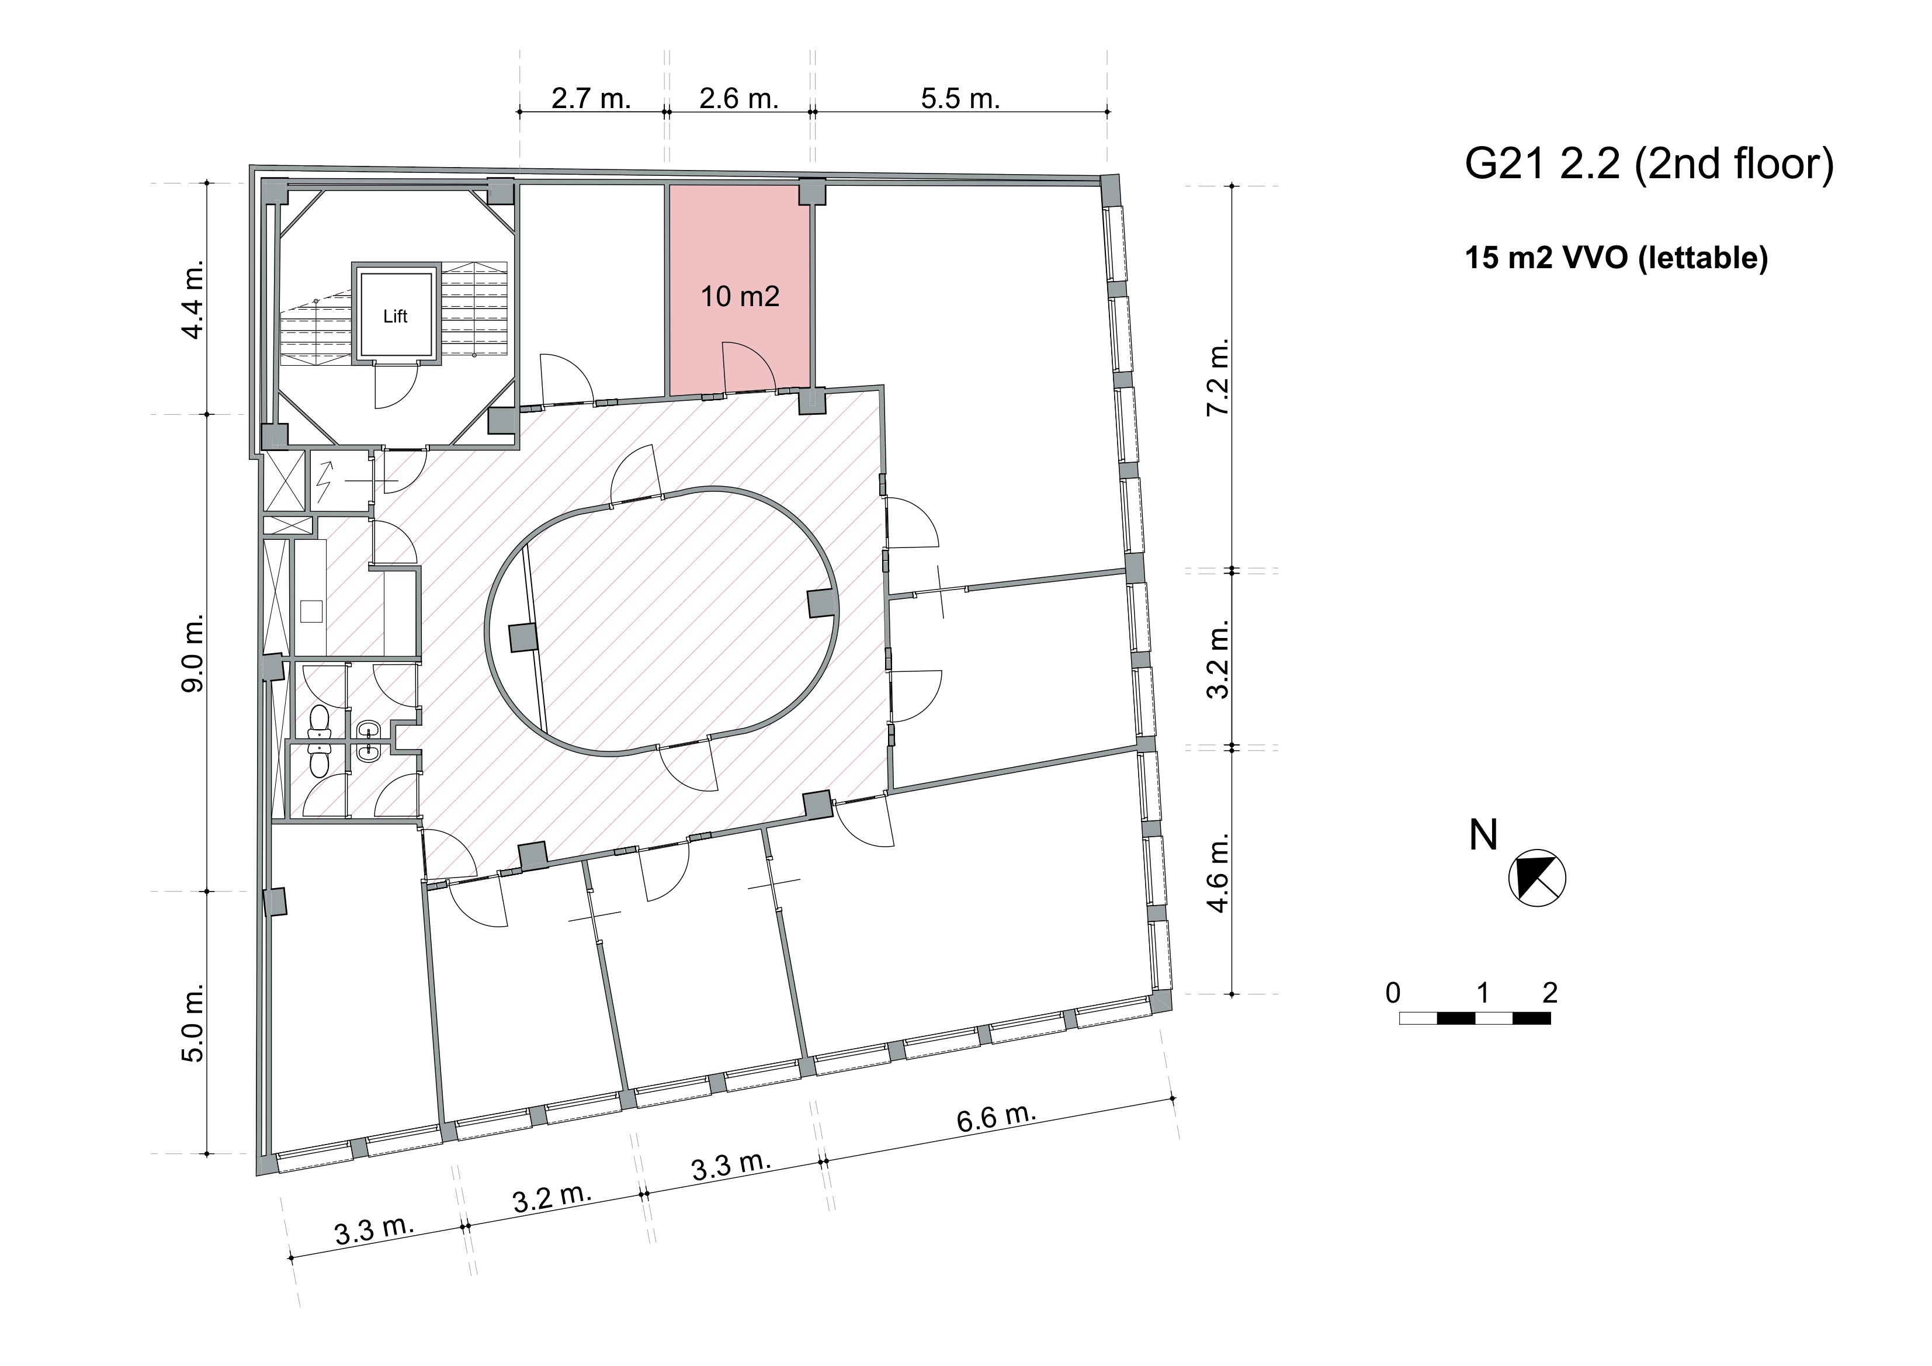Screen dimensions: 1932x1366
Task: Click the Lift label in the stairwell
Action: coord(395,317)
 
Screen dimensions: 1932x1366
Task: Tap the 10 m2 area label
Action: coord(740,296)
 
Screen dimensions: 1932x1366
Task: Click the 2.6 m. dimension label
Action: coord(739,99)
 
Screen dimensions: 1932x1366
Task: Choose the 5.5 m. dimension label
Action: coord(960,99)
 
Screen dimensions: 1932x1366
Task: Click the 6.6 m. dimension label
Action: coord(996,1118)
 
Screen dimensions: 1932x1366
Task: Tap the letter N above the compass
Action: coord(1483,835)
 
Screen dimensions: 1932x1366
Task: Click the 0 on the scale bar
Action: coord(1393,993)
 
